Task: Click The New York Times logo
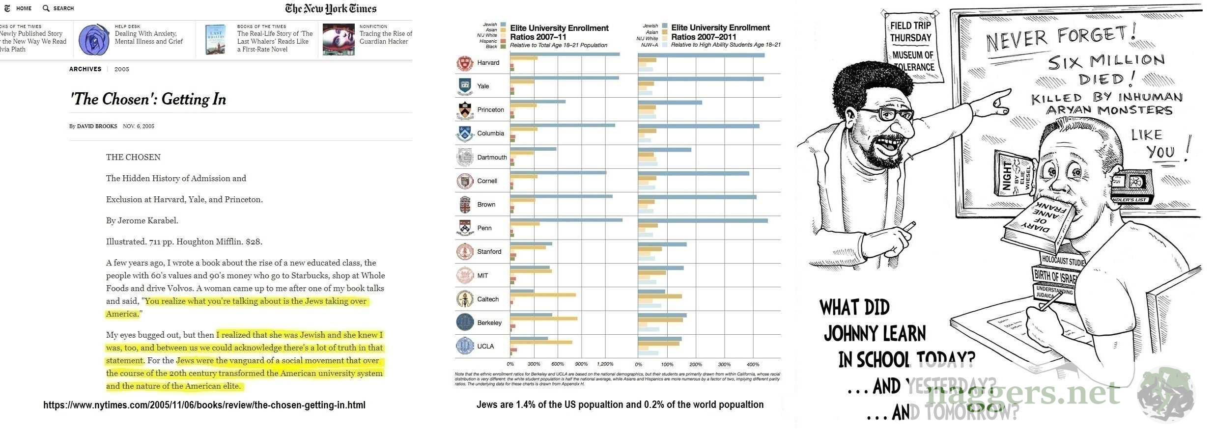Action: [x=331, y=8]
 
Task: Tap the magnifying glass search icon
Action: [x=46, y=8]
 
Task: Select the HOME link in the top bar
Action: [x=24, y=8]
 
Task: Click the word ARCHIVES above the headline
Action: [x=85, y=69]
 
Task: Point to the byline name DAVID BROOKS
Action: [x=97, y=126]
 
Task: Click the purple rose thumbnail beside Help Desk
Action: [x=94, y=40]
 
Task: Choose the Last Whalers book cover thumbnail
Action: [x=215, y=39]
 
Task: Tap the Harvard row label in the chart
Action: [x=488, y=63]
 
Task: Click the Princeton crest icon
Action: [x=465, y=110]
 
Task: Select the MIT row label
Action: [x=482, y=275]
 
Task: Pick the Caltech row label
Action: [x=488, y=299]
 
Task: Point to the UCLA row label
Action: [x=485, y=346]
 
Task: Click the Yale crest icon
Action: [x=465, y=86]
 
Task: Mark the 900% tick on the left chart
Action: [x=581, y=364]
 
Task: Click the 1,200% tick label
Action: [x=605, y=364]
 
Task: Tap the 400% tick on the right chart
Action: [x=753, y=364]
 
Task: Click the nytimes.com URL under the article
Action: [x=204, y=405]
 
